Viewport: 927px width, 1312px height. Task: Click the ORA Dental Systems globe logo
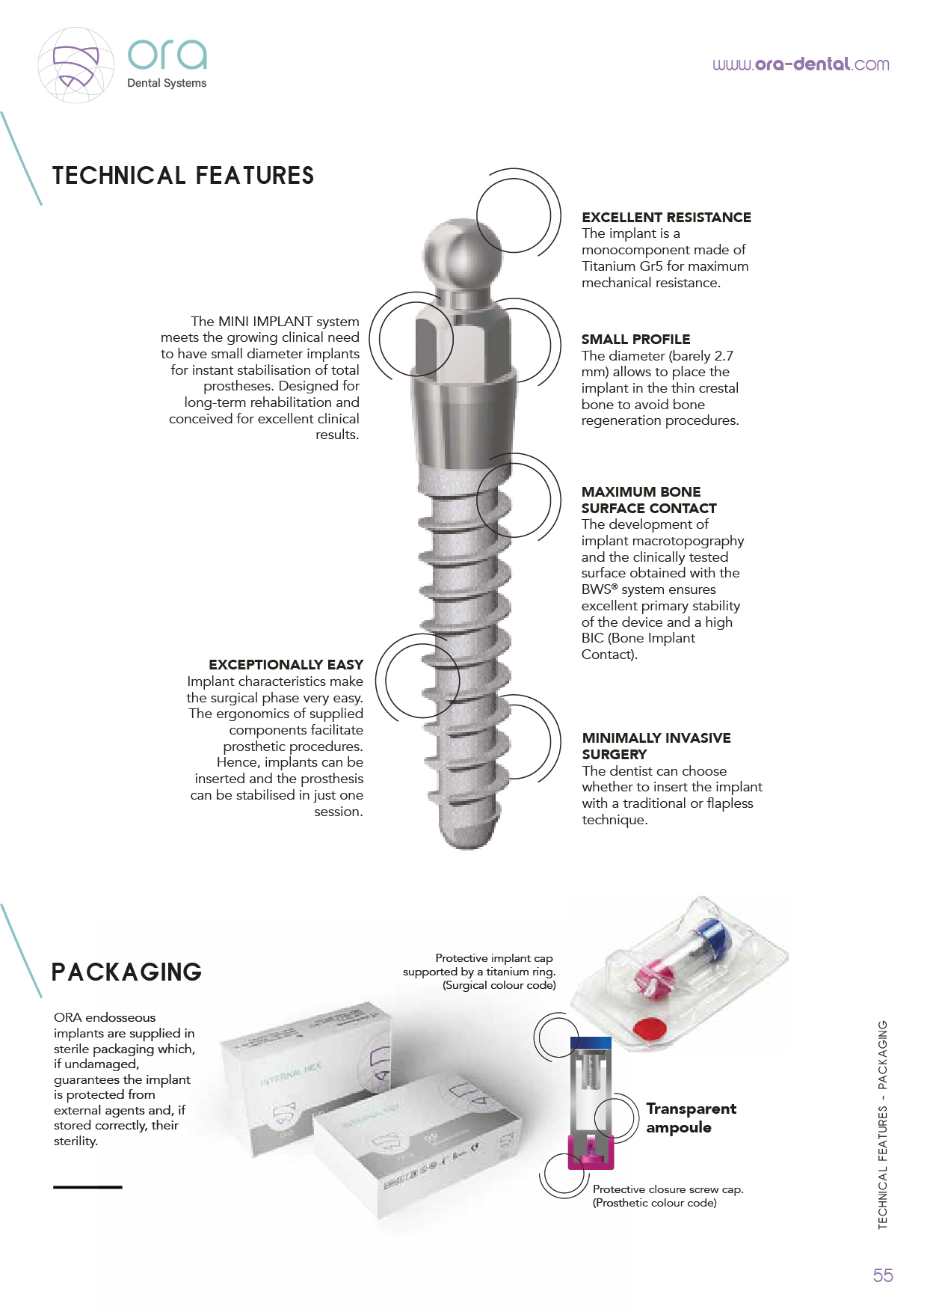[x=76, y=65]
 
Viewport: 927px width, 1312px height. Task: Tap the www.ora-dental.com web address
[x=801, y=64]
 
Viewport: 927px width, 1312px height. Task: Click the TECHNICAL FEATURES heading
[x=183, y=176]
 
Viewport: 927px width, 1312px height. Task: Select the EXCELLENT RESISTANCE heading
[x=666, y=218]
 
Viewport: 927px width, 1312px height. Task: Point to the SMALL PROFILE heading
[x=635, y=340]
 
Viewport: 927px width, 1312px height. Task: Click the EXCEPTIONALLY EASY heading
[x=286, y=665]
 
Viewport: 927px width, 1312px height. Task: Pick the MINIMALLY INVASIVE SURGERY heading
[x=656, y=746]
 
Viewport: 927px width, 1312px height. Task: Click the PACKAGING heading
[x=126, y=972]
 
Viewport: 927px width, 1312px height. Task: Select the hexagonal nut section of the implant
[x=463, y=340]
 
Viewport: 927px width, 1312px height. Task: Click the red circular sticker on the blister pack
[x=650, y=1029]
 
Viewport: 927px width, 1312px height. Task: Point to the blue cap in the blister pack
[x=710, y=937]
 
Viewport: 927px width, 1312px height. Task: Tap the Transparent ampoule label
[x=691, y=1118]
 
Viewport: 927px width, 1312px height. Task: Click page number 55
[x=883, y=1275]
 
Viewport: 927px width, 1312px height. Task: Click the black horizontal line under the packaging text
[x=87, y=1186]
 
